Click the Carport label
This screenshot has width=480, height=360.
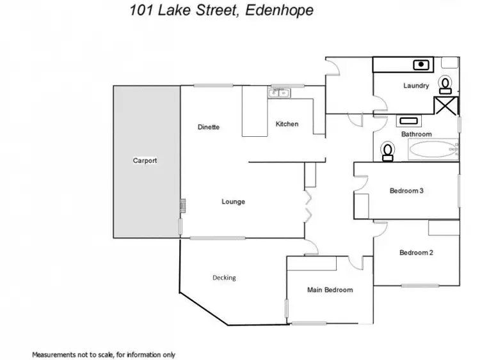tap(145, 160)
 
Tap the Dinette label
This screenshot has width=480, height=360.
tap(209, 127)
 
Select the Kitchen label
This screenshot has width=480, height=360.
tap(287, 124)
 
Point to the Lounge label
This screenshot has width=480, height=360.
tap(233, 202)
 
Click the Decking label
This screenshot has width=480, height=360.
tap(224, 278)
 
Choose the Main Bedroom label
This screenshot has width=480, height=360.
tap(330, 290)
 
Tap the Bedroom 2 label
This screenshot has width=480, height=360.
tap(416, 253)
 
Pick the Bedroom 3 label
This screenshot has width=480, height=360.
tap(406, 191)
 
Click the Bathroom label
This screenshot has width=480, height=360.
tap(416, 134)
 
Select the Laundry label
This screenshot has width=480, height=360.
tap(416, 86)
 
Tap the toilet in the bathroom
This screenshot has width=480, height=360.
tap(387, 150)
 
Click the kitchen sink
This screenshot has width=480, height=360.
tap(279, 93)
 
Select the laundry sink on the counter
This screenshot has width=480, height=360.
tap(420, 64)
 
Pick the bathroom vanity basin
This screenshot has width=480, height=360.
tap(408, 120)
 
